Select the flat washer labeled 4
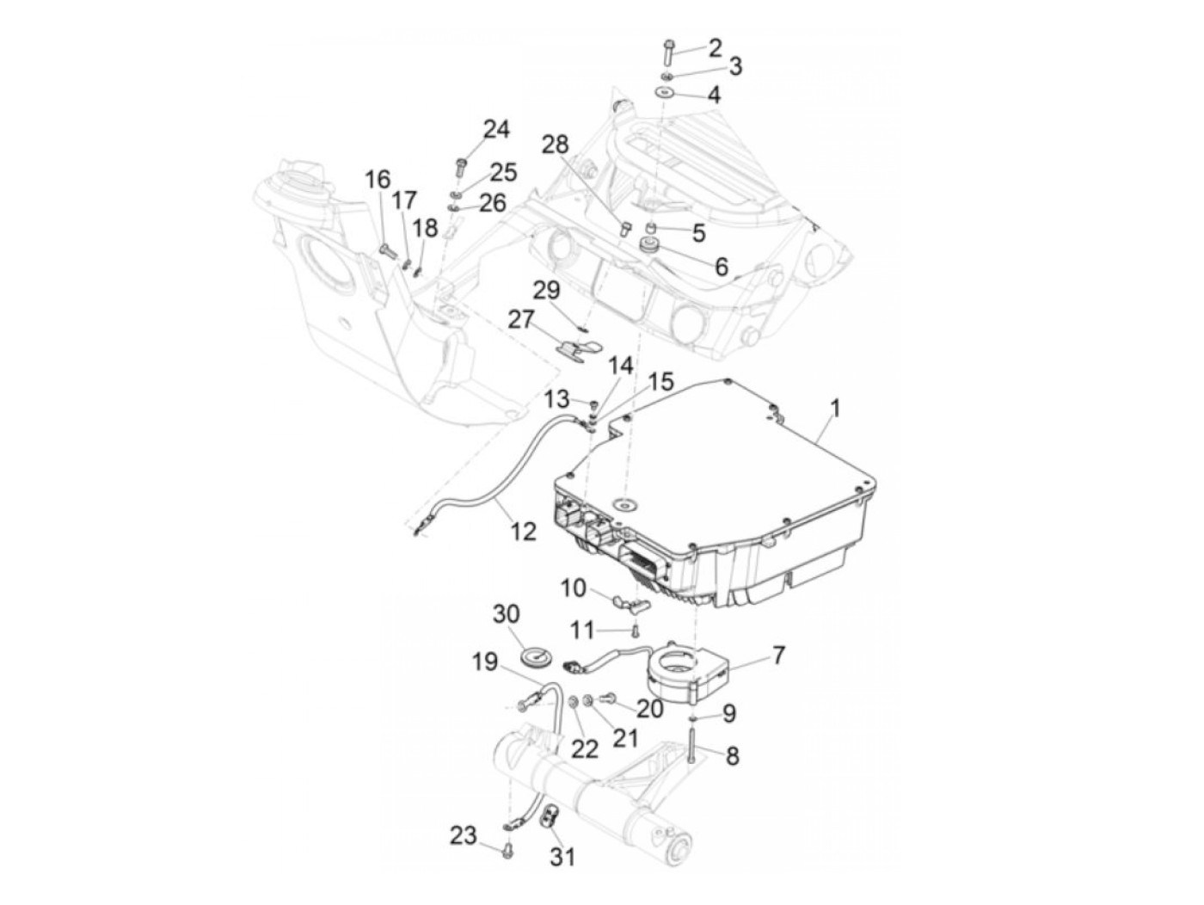[x=665, y=93]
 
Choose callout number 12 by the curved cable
[x=523, y=531]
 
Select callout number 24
[x=495, y=130]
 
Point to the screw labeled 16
[x=386, y=250]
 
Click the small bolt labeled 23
[x=507, y=851]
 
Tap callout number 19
[x=484, y=662]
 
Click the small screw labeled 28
[x=625, y=229]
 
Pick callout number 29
[x=546, y=290]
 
